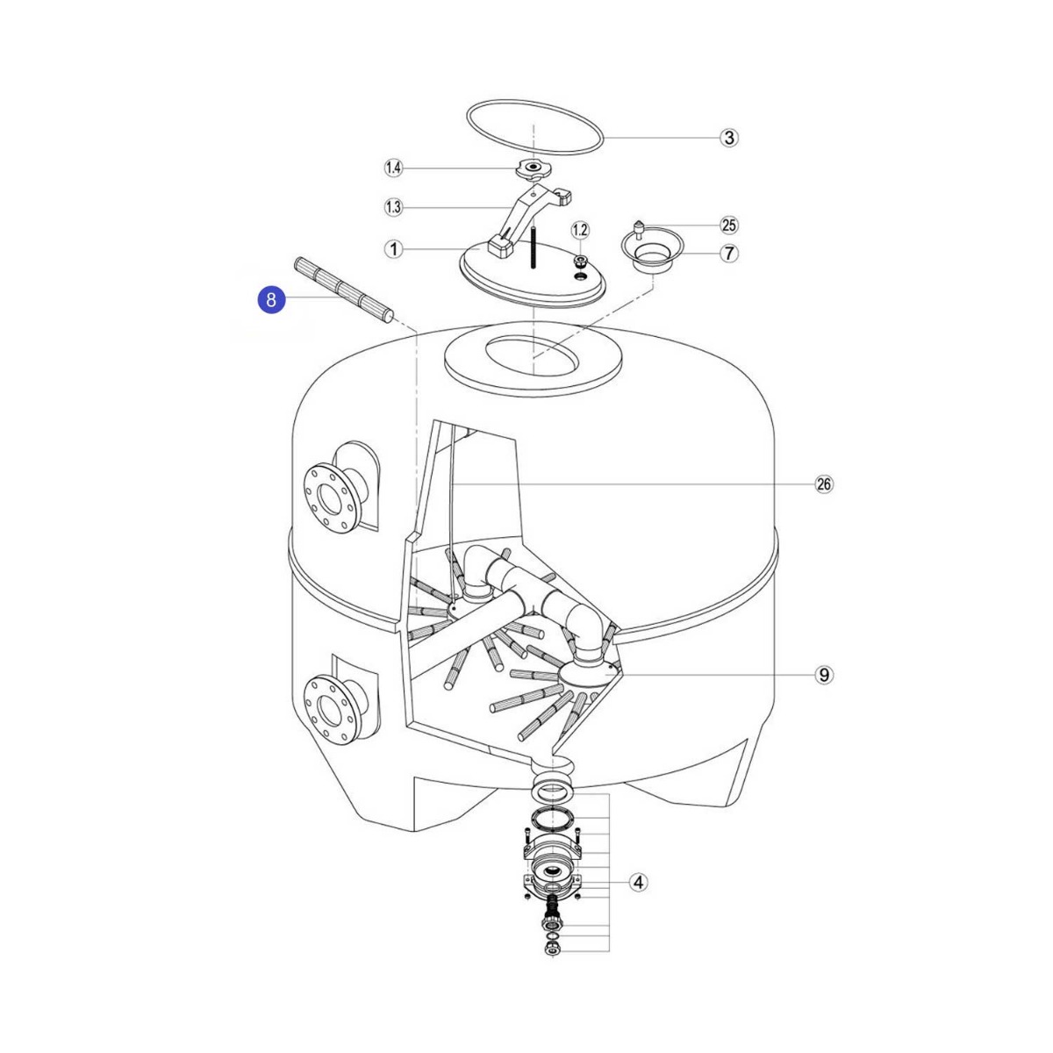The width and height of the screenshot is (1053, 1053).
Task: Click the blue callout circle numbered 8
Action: (271, 300)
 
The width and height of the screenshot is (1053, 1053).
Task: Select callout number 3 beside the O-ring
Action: (728, 138)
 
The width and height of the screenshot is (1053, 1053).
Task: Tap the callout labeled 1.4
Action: (393, 168)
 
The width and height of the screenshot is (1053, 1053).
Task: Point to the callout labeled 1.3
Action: (393, 208)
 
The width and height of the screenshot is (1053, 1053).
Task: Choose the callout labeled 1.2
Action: (580, 231)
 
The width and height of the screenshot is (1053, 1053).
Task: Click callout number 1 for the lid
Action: (393, 250)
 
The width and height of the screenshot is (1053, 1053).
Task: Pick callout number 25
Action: (728, 226)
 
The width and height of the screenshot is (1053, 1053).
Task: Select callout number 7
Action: (728, 254)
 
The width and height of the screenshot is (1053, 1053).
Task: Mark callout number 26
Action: (824, 484)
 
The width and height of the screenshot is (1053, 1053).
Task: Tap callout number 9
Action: (824, 675)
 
